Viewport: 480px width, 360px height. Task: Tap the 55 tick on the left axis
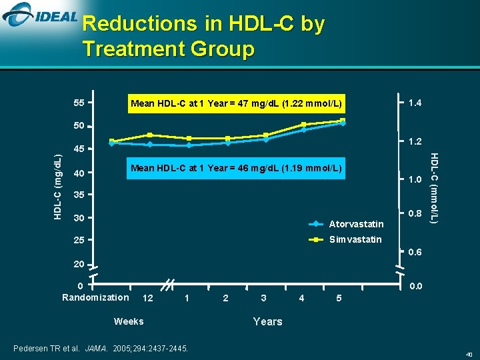(x=79, y=103)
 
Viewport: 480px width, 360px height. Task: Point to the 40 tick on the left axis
(x=79, y=173)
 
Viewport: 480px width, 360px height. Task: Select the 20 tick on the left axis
(x=79, y=265)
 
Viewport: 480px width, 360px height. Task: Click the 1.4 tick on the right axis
(x=414, y=103)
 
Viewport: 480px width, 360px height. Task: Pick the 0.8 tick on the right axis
(x=414, y=213)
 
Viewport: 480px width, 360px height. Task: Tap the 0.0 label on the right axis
(x=414, y=287)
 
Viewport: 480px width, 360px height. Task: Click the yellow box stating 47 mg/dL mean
(x=237, y=103)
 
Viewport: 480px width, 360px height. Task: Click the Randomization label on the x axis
(x=95, y=297)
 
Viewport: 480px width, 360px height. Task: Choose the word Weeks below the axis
(x=129, y=321)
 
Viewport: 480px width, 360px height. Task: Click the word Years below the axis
(x=267, y=321)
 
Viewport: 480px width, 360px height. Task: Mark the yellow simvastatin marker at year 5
(x=342, y=121)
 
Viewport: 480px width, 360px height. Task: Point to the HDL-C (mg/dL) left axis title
(x=57, y=187)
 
